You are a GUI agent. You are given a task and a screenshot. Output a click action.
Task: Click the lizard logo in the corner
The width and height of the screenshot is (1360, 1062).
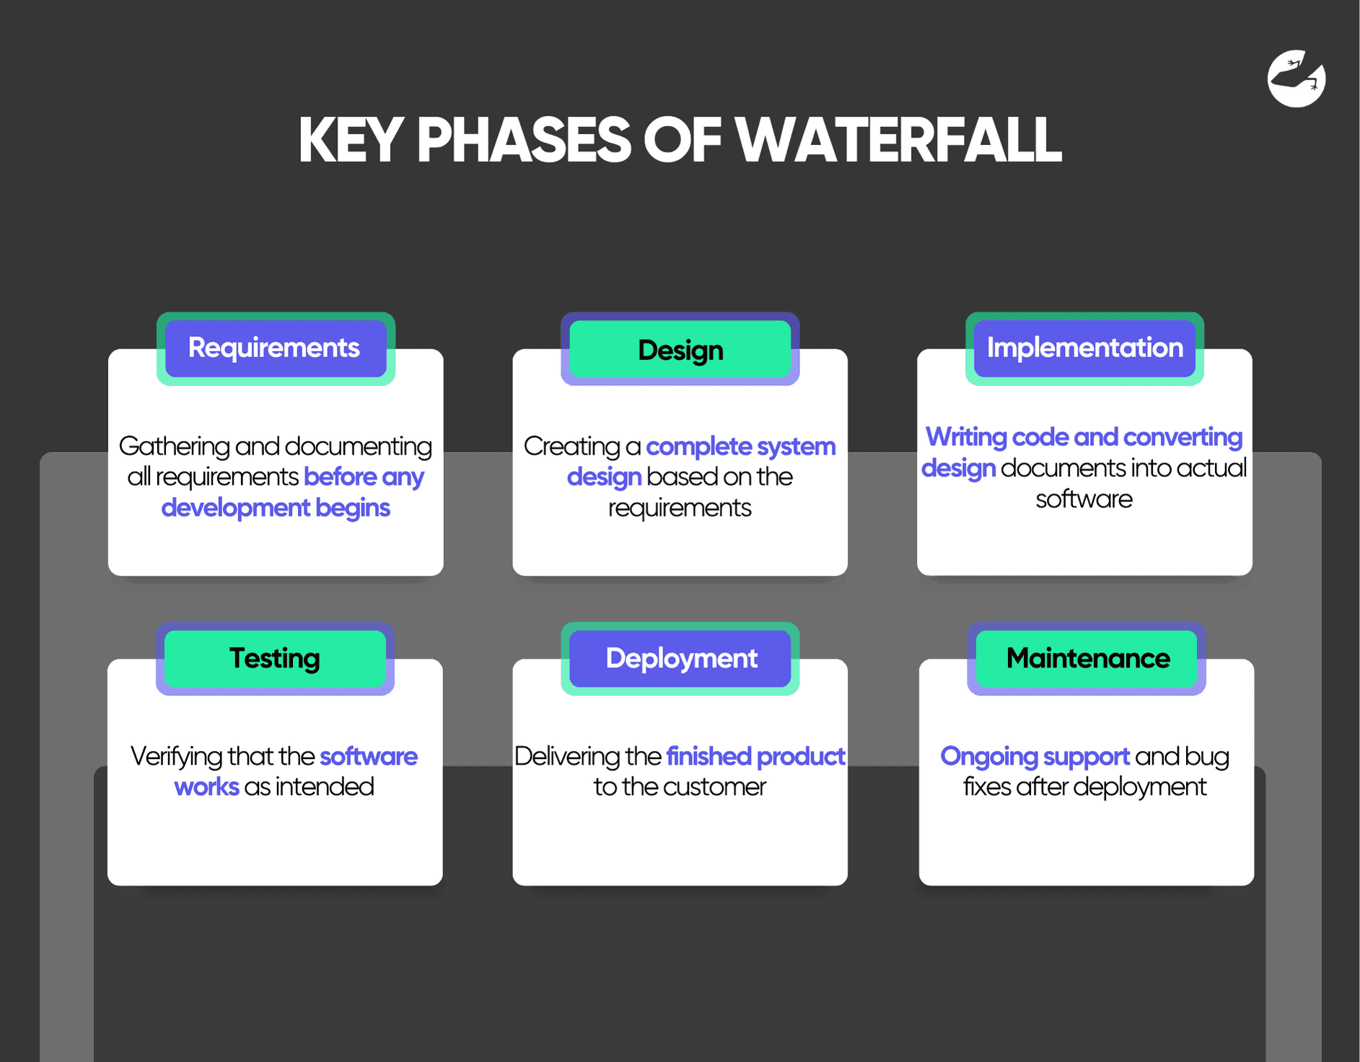click(1296, 79)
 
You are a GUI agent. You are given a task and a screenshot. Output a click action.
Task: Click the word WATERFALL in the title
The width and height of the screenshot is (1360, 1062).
click(898, 141)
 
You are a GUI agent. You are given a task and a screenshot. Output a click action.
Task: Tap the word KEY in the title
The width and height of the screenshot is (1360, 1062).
click(351, 141)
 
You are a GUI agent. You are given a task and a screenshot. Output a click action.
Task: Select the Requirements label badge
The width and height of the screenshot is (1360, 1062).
click(275, 348)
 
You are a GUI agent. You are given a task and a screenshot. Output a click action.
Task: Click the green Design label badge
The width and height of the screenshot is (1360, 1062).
click(680, 350)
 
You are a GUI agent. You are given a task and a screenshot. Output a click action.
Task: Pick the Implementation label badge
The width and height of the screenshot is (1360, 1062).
click(1084, 348)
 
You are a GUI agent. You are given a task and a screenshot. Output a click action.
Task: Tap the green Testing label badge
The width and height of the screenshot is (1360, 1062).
click(275, 659)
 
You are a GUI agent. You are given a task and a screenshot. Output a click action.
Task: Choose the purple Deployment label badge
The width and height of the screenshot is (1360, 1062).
click(680, 659)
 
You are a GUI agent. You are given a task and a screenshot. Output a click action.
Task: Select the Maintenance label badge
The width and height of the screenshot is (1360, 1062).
click(1087, 659)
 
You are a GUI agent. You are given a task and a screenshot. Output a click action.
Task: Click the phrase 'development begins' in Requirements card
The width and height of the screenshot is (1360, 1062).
click(276, 508)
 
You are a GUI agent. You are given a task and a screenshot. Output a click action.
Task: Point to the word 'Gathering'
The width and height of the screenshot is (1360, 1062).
click(174, 447)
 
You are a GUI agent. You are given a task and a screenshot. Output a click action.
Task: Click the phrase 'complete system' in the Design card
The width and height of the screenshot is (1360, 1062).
click(740, 447)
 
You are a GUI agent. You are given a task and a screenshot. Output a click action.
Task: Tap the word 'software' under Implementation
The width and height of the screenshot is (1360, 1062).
click(1084, 499)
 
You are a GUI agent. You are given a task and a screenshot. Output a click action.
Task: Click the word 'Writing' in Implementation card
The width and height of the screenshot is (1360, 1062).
click(966, 437)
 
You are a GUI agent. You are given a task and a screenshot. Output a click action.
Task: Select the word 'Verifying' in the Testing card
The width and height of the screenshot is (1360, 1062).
click(176, 757)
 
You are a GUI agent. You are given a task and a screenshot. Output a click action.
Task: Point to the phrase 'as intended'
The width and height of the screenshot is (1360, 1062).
click(309, 787)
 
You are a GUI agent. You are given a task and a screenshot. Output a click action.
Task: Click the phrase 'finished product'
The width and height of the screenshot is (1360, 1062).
click(755, 757)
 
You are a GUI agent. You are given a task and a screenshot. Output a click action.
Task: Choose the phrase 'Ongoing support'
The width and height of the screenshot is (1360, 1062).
click(1035, 757)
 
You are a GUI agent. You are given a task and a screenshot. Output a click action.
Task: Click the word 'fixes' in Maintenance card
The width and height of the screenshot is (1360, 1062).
click(986, 787)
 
